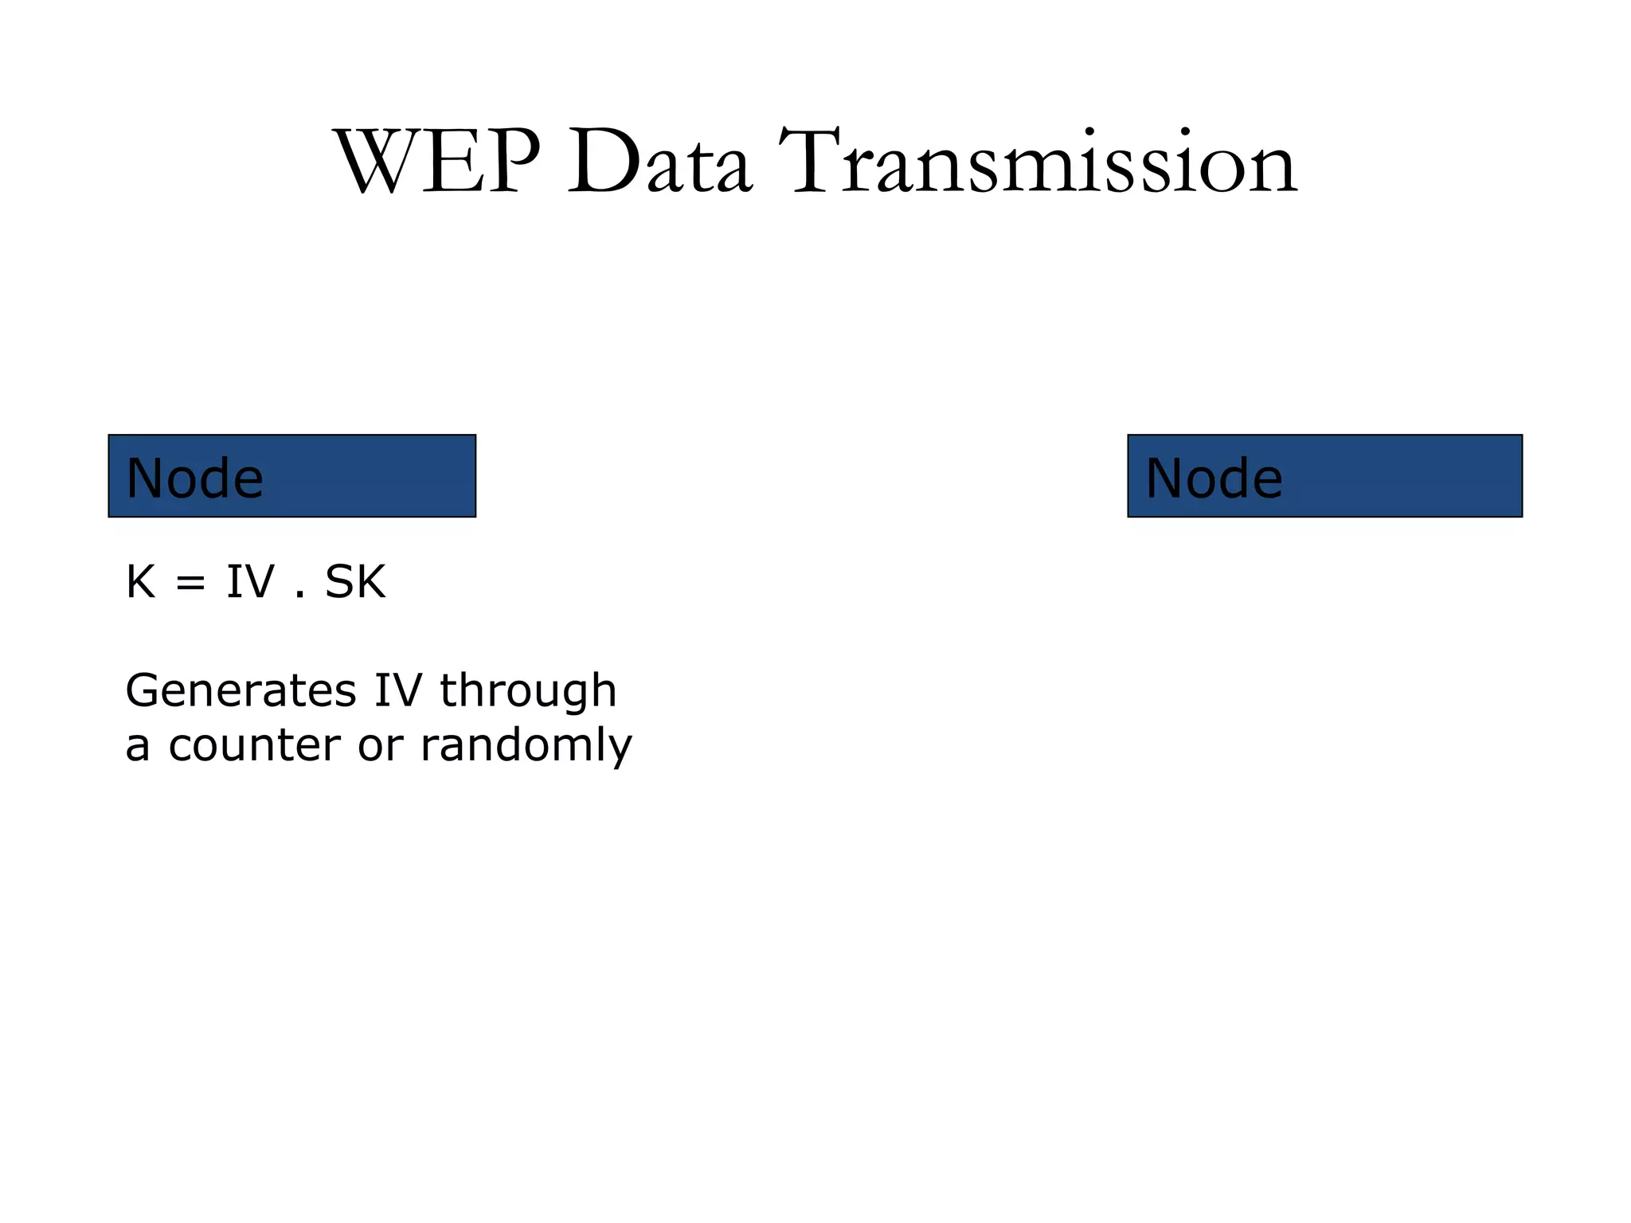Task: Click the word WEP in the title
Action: [437, 162]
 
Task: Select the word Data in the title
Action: [659, 162]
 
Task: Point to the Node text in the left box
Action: [194, 479]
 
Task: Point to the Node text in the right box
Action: [1214, 479]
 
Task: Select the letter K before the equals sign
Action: [140, 582]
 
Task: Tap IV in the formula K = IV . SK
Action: [250, 582]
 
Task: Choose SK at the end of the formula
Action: [355, 582]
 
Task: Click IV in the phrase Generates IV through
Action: [397, 690]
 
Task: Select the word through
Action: [528, 690]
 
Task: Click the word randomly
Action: [526, 746]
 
